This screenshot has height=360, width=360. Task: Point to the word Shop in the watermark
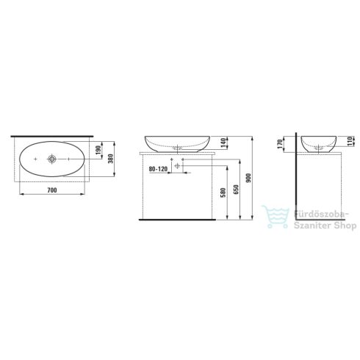click(x=336, y=227)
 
